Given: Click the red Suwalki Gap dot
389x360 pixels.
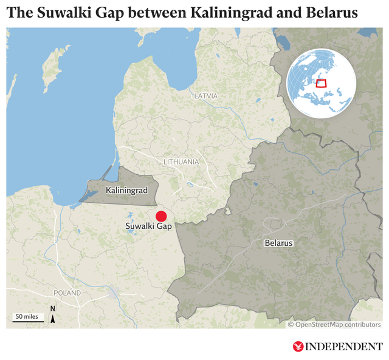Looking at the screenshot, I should pyautogui.click(x=161, y=216).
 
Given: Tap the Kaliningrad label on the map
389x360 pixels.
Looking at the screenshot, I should pyautogui.click(x=126, y=191).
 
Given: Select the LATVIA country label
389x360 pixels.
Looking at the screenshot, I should pyautogui.click(x=205, y=96).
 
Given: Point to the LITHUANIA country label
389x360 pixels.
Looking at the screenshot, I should pyautogui.click(x=181, y=162).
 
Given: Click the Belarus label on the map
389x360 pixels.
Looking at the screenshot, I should pyautogui.click(x=278, y=243).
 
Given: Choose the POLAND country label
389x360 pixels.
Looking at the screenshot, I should pyautogui.click(x=67, y=293).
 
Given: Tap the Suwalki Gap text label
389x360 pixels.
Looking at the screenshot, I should pyautogui.click(x=149, y=226).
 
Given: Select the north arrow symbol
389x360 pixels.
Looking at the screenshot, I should pyautogui.click(x=53, y=316).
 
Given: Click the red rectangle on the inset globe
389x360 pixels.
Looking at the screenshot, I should pyautogui.click(x=322, y=83).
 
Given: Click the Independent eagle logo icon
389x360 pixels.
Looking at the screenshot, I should pyautogui.click(x=298, y=347).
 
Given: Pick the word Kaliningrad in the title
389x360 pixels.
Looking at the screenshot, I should pyautogui.click(x=218, y=12).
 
